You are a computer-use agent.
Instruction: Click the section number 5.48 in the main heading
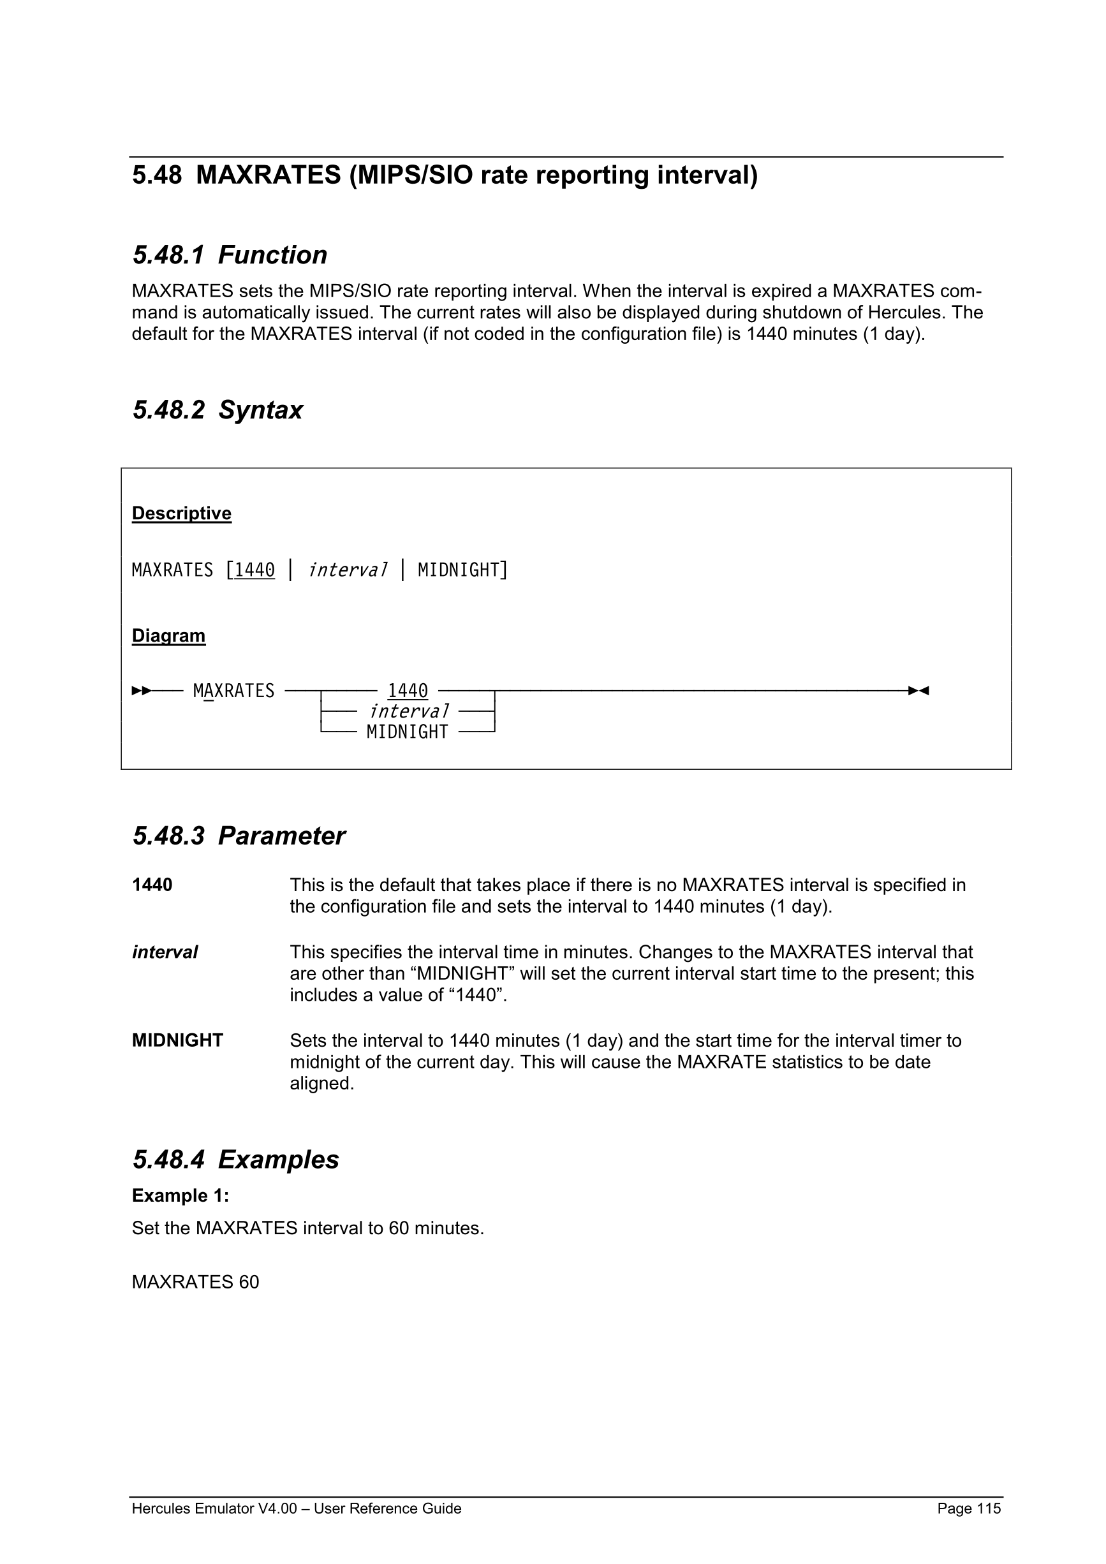coord(157,176)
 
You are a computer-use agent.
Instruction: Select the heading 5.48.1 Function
coord(230,255)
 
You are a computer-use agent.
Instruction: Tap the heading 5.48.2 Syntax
coord(218,410)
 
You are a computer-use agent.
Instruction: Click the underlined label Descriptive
coord(181,513)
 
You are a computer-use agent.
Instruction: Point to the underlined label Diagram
coord(168,635)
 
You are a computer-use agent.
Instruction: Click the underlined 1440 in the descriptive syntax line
coord(254,570)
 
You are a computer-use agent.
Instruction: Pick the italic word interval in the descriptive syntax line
coord(348,570)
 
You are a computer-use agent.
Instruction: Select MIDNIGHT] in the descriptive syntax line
coord(462,570)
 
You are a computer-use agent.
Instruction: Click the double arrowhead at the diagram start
coord(142,691)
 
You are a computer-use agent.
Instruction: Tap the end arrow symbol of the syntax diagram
coord(918,691)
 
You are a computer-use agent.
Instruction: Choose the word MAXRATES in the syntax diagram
coord(233,691)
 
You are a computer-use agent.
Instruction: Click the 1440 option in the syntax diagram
coord(408,691)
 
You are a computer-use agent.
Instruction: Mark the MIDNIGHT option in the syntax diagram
coord(408,732)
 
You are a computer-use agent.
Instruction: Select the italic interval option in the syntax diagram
coord(409,712)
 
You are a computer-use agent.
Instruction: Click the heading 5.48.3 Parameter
coord(239,836)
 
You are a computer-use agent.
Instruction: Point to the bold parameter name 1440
coord(152,885)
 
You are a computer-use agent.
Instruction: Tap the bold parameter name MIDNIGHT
coord(177,1040)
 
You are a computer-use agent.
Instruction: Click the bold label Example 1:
coord(181,1195)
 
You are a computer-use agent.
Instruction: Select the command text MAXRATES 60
coord(195,1282)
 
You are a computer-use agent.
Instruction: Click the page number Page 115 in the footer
coord(968,1508)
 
